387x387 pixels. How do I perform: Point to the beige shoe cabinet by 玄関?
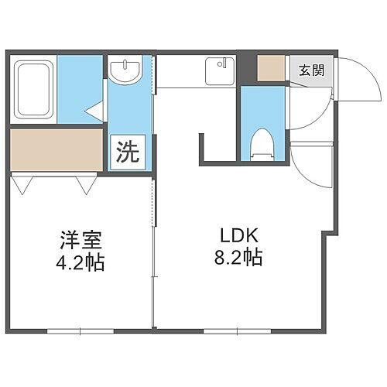[x=272, y=68]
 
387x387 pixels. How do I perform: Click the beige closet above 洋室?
[x=57, y=149]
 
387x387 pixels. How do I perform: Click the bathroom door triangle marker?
[x=97, y=113]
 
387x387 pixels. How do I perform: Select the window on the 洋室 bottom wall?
[x=80, y=330]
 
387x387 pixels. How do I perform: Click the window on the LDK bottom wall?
[x=236, y=330]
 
